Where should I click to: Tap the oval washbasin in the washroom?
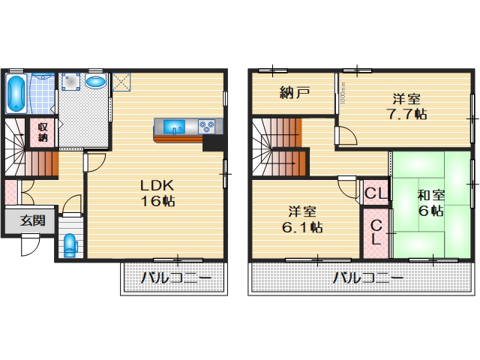(95, 81)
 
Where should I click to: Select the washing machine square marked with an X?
(121, 81)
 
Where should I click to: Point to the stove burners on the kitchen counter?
(207, 127)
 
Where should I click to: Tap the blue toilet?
(70, 244)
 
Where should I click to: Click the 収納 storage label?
(43, 132)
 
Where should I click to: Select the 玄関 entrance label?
(31, 220)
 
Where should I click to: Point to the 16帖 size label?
(158, 202)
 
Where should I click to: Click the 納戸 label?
(294, 94)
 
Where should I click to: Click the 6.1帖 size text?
(304, 226)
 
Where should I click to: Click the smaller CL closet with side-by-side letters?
(375, 193)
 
